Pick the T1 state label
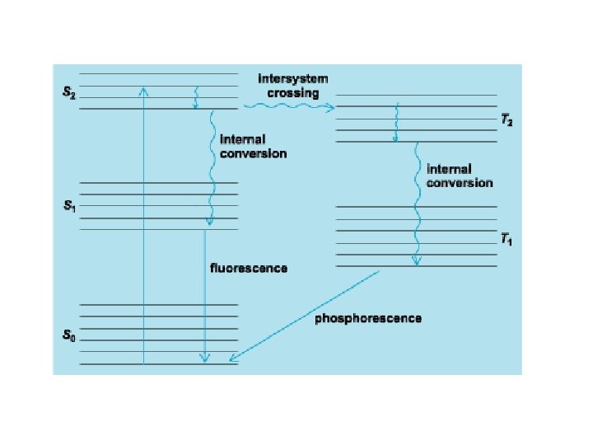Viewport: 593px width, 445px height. click(507, 240)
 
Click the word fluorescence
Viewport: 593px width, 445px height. click(249, 268)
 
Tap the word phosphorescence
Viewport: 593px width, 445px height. click(368, 318)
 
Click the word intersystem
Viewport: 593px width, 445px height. click(293, 79)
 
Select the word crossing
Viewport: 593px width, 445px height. click(293, 92)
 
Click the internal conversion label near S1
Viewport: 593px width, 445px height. click(253, 146)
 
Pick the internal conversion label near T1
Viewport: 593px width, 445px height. click(460, 175)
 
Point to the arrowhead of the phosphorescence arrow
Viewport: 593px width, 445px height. click(234, 358)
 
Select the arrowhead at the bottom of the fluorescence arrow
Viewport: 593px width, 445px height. click(205, 358)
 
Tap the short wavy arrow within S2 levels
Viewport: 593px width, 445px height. click(195, 96)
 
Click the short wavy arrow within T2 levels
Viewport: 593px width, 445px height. click(396, 122)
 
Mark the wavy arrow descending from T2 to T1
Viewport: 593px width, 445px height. click(417, 206)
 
